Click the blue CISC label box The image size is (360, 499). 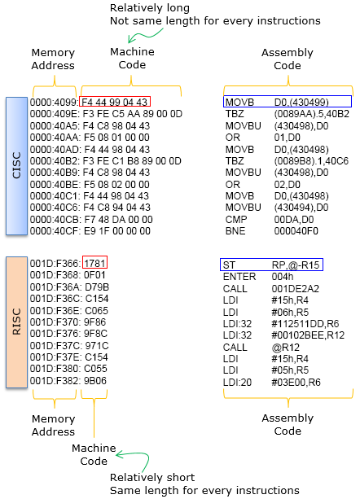tap(16, 166)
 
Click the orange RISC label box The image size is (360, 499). tap(16, 322)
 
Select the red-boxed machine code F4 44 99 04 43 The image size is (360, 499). tap(115, 102)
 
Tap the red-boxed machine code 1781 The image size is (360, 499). tap(94, 263)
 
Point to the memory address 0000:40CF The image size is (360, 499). tap(55, 230)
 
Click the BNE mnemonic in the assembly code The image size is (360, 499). tap(235, 230)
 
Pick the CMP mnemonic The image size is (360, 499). tap(236, 219)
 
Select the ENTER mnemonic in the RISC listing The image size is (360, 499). tap(239, 277)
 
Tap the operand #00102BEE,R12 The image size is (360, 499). tap(308, 335)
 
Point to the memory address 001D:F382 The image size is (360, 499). tap(55, 381)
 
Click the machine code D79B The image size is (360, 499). tap(97, 287)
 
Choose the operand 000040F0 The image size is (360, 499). tap(296, 230)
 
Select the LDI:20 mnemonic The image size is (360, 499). tap(237, 382)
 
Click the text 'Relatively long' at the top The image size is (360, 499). tap(150, 8)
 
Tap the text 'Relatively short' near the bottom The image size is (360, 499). tap(152, 477)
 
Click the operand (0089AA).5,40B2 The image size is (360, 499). tap(312, 114)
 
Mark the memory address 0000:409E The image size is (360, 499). tap(55, 114)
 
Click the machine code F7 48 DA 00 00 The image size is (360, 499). tap(118, 219)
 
